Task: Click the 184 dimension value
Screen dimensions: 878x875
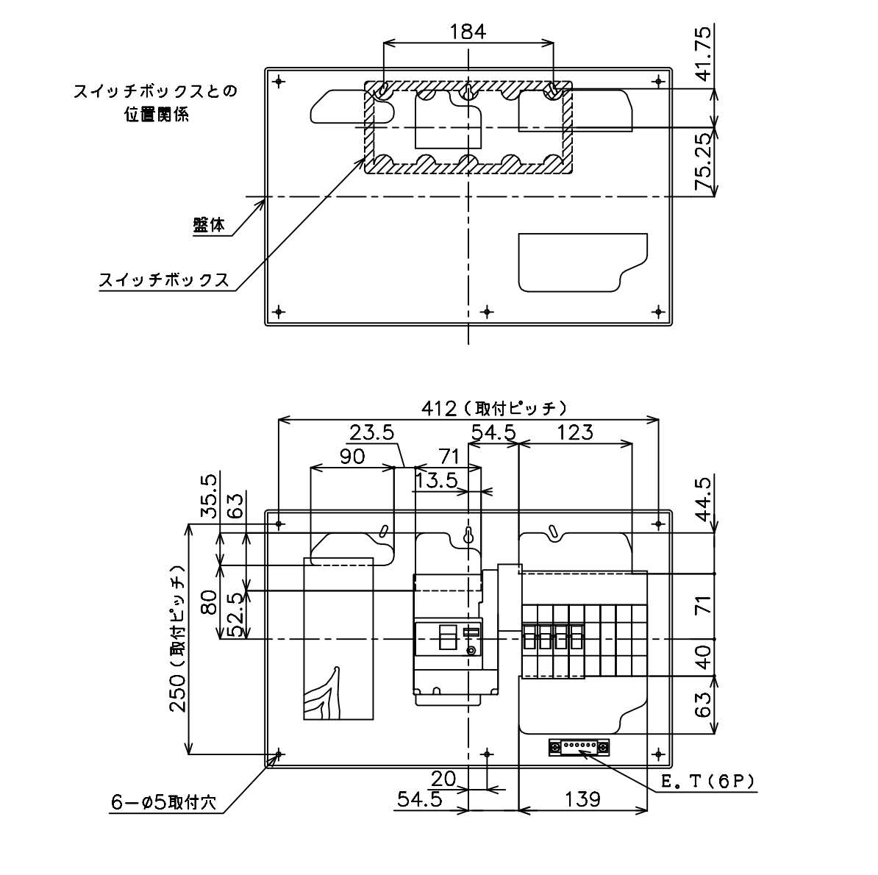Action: (x=468, y=32)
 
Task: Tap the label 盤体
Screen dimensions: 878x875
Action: (x=208, y=225)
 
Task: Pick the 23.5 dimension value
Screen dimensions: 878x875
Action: (x=372, y=433)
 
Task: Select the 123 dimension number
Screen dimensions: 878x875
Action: (x=576, y=432)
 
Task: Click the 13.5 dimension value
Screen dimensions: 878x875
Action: (x=437, y=480)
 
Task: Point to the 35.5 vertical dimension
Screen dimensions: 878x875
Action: (x=210, y=496)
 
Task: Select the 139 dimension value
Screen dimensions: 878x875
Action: (x=583, y=799)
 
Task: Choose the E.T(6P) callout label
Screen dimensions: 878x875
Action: (x=708, y=782)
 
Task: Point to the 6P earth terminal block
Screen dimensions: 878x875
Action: (x=579, y=747)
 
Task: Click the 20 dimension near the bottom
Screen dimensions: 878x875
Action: (x=443, y=779)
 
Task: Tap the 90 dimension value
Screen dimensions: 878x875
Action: (x=352, y=457)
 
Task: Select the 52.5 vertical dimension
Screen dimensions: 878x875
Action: (x=238, y=615)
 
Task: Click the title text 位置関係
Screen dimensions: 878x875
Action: (x=157, y=114)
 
